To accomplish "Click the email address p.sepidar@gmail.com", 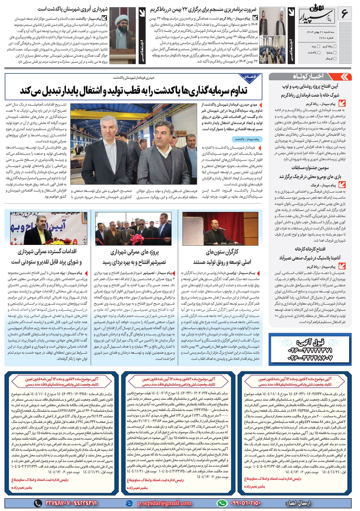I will coord(164,503).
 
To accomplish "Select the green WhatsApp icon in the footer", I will coord(222,503).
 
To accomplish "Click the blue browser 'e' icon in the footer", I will coord(129,503).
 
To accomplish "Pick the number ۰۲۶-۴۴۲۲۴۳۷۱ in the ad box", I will coord(310,350).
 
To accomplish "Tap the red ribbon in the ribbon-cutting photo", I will coord(136,238).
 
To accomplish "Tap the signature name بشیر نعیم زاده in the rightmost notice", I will coord(255,487).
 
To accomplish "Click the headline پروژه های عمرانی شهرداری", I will coord(134,251).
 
